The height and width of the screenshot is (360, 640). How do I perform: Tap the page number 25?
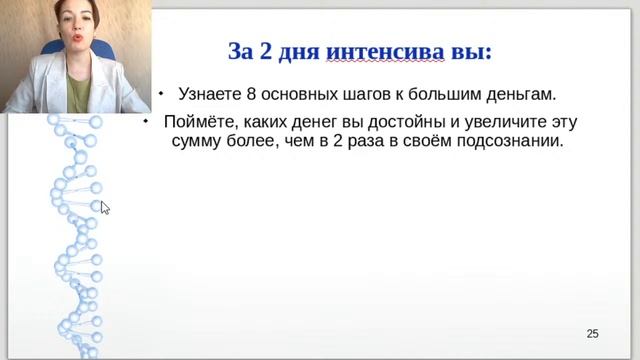(x=592, y=333)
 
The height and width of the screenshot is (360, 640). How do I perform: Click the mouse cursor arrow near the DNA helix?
(x=104, y=206)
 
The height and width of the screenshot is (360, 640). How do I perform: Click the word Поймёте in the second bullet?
(x=202, y=123)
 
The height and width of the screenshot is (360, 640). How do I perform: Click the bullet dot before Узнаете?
(x=160, y=92)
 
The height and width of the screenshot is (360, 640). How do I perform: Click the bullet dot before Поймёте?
(x=146, y=121)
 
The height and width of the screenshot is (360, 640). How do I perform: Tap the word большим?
(x=444, y=94)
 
